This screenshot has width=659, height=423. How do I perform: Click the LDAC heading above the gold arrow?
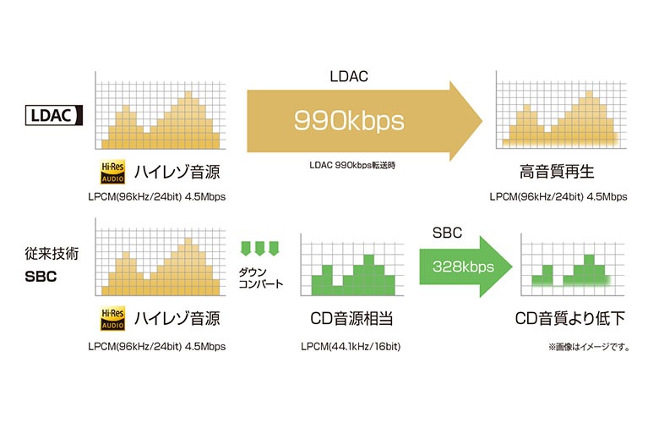click(x=348, y=76)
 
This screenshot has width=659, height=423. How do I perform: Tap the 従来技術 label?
click(x=46, y=253)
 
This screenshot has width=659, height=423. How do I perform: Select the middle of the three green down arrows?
click(x=261, y=249)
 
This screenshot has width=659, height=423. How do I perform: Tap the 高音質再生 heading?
click(x=558, y=173)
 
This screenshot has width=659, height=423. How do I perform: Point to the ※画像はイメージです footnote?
click(x=588, y=347)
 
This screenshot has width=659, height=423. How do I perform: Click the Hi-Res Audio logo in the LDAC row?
click(x=113, y=173)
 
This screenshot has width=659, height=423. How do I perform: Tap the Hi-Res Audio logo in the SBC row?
click(x=113, y=319)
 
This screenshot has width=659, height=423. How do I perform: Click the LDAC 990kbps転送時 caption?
click(x=348, y=164)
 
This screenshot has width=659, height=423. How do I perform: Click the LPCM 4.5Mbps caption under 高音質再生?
click(x=558, y=197)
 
